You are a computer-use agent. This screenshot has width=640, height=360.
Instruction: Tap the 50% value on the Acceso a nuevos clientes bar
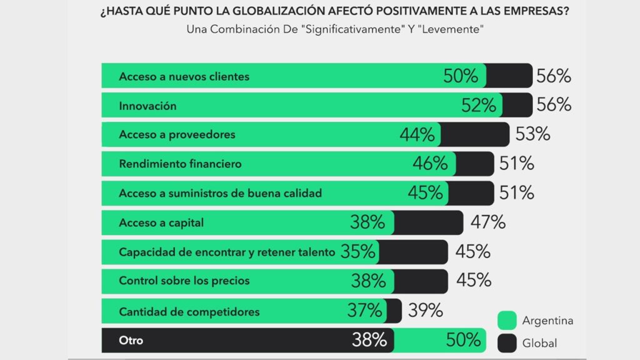click(x=461, y=76)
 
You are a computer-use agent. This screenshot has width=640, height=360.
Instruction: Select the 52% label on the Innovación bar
click(x=479, y=105)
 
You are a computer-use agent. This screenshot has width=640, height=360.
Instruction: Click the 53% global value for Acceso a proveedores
click(x=532, y=134)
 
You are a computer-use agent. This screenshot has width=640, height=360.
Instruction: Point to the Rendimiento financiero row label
click(x=180, y=164)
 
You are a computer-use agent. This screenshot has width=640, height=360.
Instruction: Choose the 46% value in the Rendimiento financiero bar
click(x=430, y=164)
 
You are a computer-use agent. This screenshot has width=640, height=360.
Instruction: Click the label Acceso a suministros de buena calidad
click(x=220, y=193)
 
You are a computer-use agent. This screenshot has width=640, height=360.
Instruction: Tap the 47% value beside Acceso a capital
click(x=488, y=222)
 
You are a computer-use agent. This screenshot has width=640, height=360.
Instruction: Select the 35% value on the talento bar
click(x=359, y=252)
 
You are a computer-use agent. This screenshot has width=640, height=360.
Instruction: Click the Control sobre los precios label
click(x=184, y=281)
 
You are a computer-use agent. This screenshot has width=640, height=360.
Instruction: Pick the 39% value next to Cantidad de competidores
click(x=426, y=310)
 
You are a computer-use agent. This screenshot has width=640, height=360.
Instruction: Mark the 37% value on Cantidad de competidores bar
click(x=364, y=310)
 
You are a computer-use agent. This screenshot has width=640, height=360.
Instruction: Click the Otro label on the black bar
click(x=131, y=341)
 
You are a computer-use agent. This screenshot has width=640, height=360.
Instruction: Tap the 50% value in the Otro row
click(x=463, y=341)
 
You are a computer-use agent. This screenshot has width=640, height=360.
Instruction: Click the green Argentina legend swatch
click(x=506, y=321)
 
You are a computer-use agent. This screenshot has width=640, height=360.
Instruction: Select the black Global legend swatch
click(x=506, y=342)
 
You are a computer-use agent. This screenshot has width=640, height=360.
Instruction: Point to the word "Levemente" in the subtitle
click(x=451, y=30)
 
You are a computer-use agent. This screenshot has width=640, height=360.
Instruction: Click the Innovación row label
click(x=147, y=106)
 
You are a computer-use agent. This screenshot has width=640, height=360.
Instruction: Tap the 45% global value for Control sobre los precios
click(x=473, y=281)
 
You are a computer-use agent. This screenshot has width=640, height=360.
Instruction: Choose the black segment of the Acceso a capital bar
click(x=429, y=222)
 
